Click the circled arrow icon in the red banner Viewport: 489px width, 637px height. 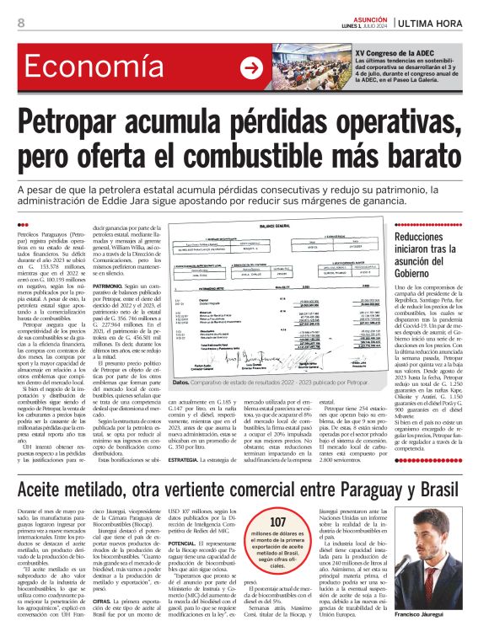point(250,68)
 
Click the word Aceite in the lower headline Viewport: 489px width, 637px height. point(51,467)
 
